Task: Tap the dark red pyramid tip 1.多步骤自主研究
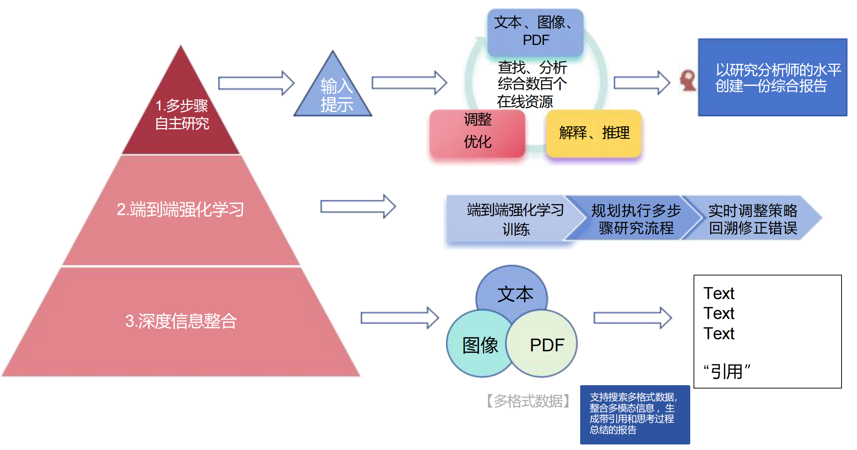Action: point(181,114)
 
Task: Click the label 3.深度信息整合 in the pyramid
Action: point(181,321)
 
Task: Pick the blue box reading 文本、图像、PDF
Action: point(535,32)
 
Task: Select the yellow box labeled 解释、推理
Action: point(594,133)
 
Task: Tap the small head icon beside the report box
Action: point(688,80)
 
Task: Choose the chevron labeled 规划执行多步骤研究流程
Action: point(635,219)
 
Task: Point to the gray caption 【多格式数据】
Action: point(528,401)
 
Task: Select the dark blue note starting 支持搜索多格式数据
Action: point(635,414)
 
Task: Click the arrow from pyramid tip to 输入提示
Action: point(256,83)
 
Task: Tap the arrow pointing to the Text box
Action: point(632,317)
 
